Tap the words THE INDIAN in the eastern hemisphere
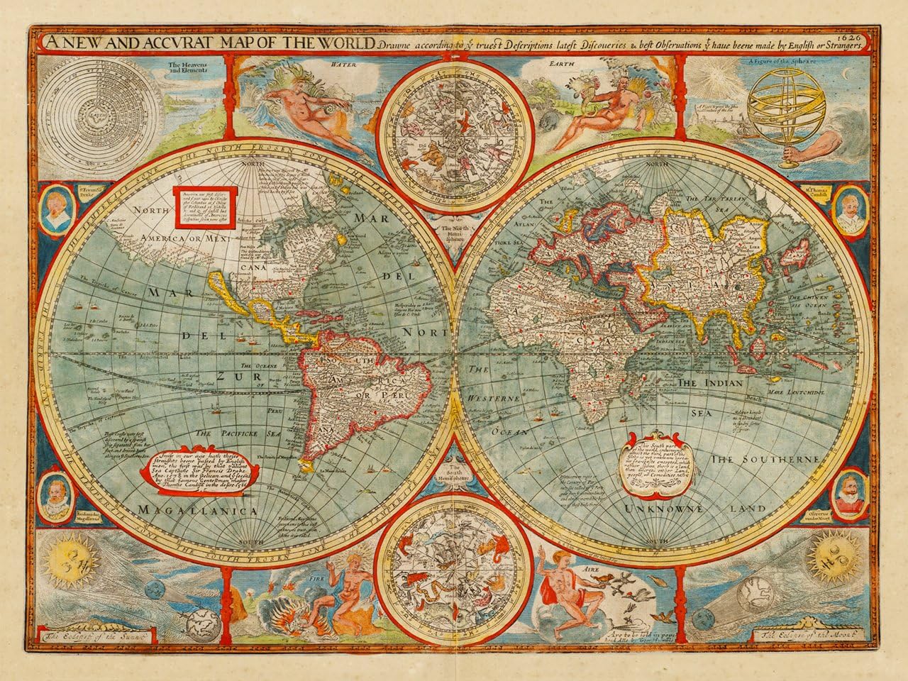point(711,383)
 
